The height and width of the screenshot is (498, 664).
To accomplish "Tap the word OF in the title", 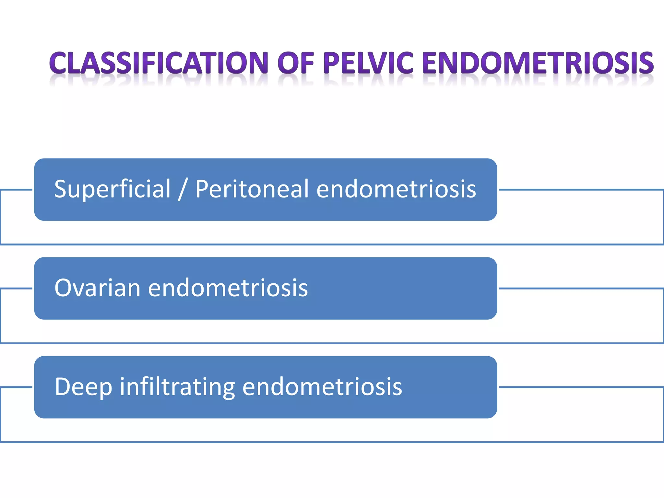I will (x=296, y=63).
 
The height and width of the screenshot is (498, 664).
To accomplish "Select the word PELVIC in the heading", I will (x=369, y=63).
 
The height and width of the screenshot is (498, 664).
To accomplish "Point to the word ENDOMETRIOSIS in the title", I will (x=538, y=63).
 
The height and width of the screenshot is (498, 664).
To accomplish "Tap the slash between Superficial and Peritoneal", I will (x=183, y=189).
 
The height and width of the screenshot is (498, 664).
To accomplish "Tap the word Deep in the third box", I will (x=84, y=387).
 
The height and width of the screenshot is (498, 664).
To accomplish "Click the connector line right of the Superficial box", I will (x=580, y=190).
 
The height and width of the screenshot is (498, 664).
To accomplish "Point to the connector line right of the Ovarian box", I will (x=580, y=288).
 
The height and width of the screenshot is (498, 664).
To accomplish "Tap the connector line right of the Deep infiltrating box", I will (x=580, y=387).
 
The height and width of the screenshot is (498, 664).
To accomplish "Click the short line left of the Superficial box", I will (x=16, y=190).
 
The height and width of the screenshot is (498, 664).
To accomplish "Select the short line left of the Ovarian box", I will (x=16, y=288).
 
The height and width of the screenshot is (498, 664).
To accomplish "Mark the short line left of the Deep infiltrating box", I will (x=16, y=387).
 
